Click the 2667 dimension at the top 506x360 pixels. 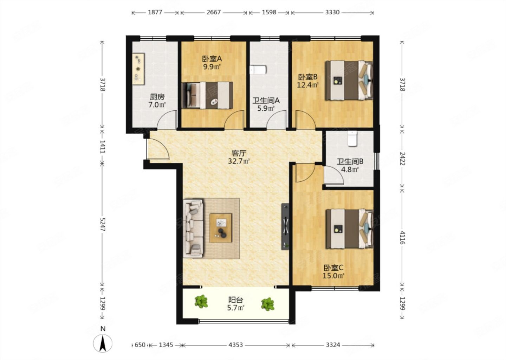[214, 12]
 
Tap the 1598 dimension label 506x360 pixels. [269, 12]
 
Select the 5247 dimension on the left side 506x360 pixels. [103, 224]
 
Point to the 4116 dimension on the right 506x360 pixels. [402, 237]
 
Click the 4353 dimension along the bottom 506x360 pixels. [235, 345]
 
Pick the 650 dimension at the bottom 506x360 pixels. [140, 345]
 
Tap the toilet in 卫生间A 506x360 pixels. [258, 70]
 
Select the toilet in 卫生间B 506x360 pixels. [352, 139]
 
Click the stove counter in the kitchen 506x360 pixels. [138, 69]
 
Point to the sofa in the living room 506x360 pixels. [193, 228]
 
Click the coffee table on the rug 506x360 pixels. [221, 228]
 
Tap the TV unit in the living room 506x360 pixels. [285, 226]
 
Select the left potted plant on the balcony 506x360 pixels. [201, 301]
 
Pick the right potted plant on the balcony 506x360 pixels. [268, 304]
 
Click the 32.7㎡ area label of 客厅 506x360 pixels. [239, 161]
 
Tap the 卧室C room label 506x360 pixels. [333, 268]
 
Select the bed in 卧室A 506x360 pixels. [207, 95]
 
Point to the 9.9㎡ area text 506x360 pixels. [212, 67]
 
